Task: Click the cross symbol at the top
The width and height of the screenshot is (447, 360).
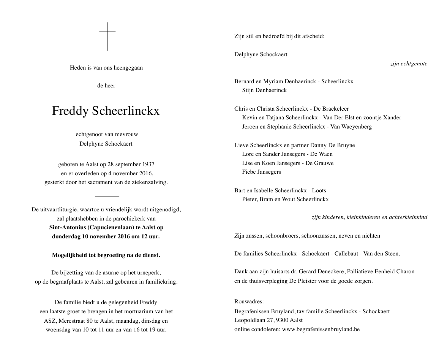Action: (x=107, y=36)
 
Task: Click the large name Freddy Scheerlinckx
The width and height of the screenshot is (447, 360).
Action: (x=106, y=111)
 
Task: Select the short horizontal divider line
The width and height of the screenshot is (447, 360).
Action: (x=107, y=196)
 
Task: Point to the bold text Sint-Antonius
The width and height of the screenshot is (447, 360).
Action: (x=67, y=227)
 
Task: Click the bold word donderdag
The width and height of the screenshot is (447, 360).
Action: (x=66, y=236)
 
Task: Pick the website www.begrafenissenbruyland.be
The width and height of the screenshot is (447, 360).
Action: (x=321, y=329)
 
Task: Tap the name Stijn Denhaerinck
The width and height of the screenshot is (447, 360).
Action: (x=264, y=90)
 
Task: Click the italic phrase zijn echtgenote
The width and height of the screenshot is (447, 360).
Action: (x=409, y=63)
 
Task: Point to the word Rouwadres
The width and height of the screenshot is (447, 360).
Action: (x=249, y=302)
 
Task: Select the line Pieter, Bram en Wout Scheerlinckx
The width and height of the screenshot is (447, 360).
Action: (x=285, y=199)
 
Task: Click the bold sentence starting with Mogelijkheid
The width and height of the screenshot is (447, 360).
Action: (x=106, y=255)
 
